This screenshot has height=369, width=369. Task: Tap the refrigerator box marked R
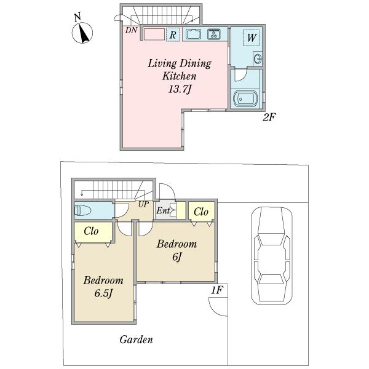173,34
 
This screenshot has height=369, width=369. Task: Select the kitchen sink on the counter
194,34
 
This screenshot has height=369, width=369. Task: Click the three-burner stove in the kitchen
213,34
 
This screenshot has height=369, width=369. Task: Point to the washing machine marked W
252,38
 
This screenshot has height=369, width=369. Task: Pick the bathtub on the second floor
246,99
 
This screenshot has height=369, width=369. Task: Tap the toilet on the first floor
83,210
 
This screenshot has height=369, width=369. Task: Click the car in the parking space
272,255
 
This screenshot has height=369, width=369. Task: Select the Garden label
136,339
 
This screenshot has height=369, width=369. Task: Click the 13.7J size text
180,89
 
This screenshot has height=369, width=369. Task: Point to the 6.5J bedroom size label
103,293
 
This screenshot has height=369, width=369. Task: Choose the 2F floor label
269,117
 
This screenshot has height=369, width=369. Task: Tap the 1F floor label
216,290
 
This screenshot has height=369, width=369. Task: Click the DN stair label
131,30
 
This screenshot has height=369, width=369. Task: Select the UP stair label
143,204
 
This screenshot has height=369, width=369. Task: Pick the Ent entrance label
163,210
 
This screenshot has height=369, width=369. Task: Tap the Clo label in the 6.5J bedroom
91,231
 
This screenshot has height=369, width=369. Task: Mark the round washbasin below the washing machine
258,58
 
